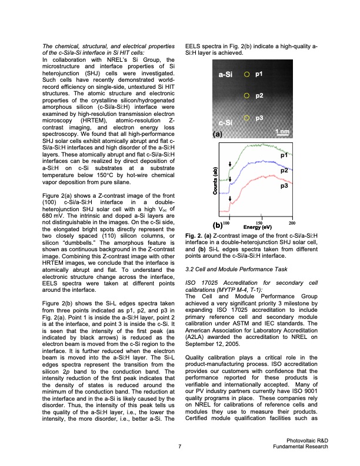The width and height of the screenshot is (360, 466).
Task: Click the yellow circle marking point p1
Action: click(x=247, y=75)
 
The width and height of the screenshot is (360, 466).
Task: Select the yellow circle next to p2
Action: click(x=247, y=95)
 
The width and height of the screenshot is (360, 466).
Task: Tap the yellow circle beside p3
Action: click(x=247, y=118)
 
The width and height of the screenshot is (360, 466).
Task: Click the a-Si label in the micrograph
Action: click(x=226, y=75)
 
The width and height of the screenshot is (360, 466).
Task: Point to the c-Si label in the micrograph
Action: click(x=226, y=122)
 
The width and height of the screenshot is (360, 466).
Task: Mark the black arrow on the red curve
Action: click(x=230, y=199)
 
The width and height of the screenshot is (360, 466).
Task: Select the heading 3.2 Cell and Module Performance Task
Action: click(x=239, y=269)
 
